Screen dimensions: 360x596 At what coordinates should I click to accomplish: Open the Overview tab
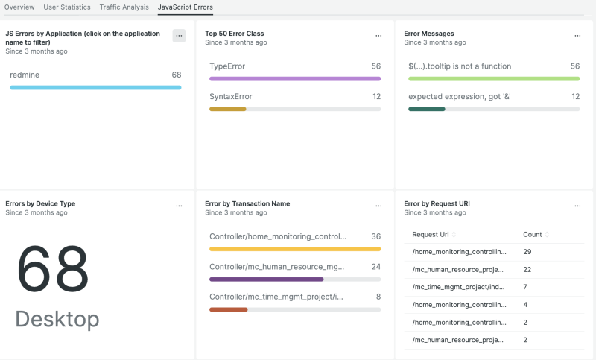19,7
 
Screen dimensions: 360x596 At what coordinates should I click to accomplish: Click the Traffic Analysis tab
124,7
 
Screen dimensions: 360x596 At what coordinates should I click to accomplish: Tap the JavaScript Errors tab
185,7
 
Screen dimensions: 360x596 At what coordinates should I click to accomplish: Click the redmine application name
25,75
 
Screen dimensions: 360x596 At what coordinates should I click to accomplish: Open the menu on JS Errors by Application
179,36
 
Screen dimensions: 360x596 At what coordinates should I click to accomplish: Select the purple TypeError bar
295,78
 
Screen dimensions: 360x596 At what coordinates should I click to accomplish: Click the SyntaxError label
231,96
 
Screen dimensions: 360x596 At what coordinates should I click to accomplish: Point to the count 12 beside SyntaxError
376,96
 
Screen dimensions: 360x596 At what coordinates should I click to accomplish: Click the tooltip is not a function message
460,66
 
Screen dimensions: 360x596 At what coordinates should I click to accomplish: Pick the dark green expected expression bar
427,109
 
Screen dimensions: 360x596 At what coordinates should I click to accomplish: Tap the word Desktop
57,319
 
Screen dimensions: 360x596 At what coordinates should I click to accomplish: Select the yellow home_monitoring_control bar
295,249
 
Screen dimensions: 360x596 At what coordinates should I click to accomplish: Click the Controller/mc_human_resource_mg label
278,266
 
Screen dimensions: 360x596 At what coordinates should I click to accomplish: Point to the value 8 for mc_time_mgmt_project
378,296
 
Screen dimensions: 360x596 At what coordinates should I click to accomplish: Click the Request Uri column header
430,234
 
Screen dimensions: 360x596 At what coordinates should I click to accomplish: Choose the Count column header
532,234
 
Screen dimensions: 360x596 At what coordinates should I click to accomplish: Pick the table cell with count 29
527,252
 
